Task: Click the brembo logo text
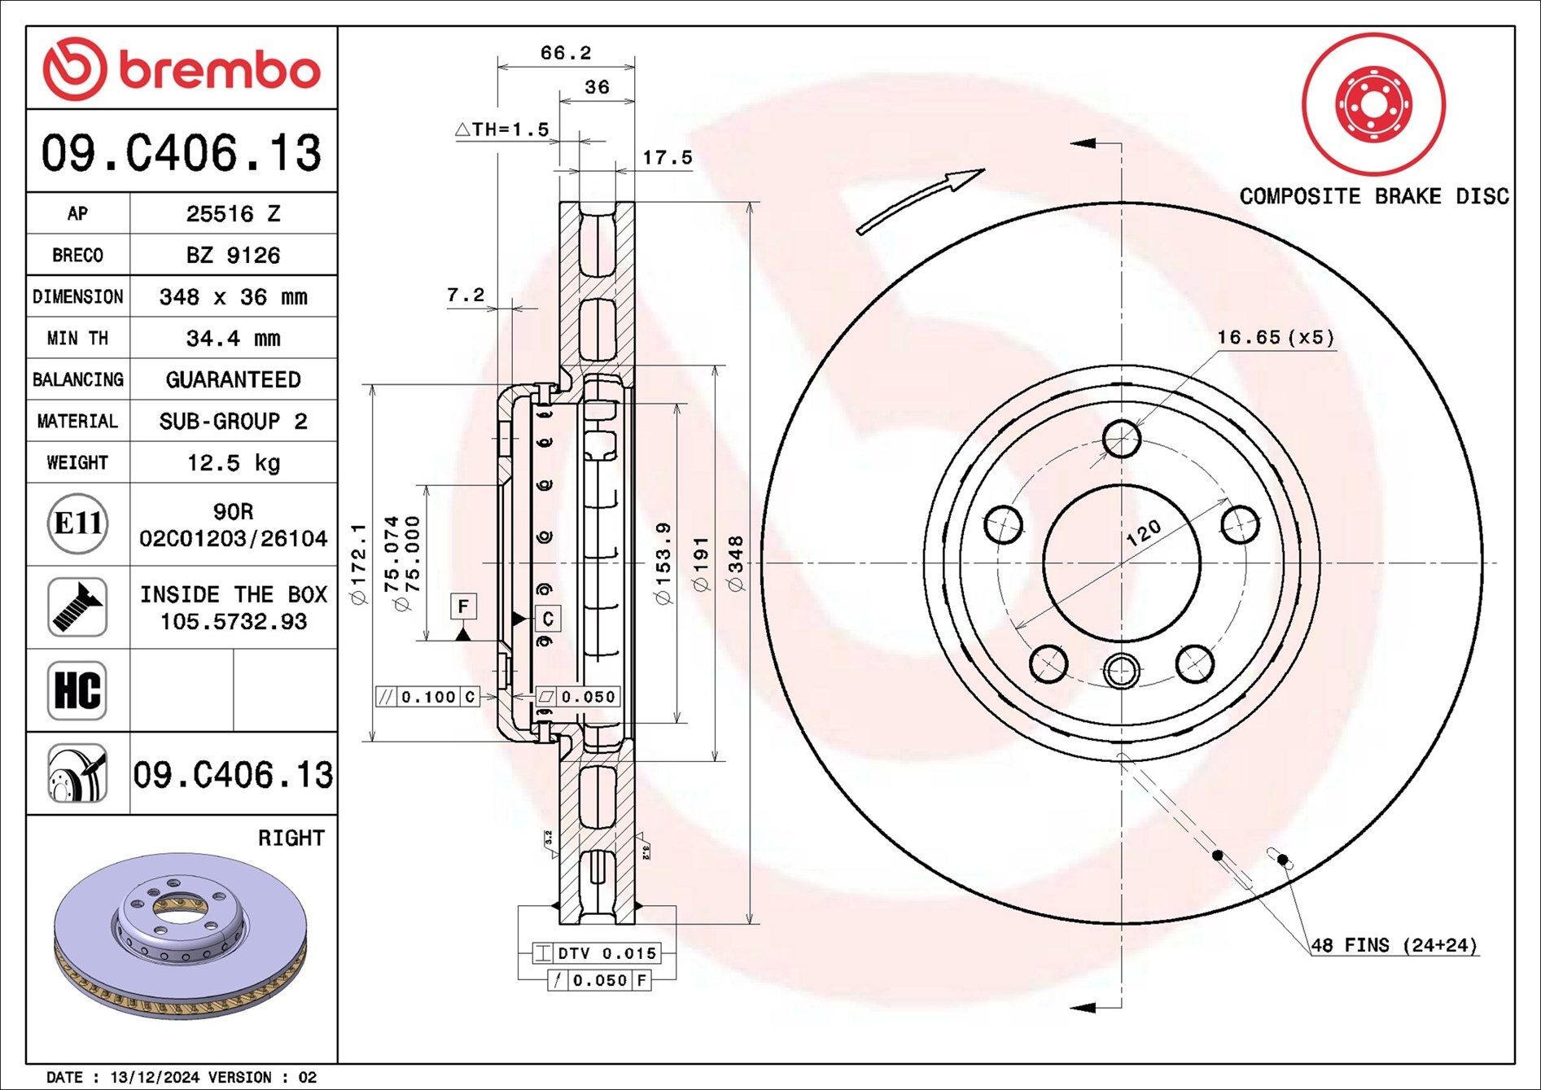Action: (220, 70)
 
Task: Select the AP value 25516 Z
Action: (233, 213)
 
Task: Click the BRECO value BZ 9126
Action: (233, 255)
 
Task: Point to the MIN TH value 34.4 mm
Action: (233, 338)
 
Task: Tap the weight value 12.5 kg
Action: (233, 462)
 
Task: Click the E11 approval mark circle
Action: (77, 523)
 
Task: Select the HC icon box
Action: (77, 690)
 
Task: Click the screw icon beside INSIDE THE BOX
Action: (77, 607)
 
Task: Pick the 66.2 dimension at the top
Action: (566, 53)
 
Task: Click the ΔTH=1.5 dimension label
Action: (502, 129)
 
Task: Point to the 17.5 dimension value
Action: (668, 158)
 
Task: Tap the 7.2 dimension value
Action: (466, 295)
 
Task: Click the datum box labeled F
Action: (463, 606)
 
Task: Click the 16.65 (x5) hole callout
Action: (1276, 337)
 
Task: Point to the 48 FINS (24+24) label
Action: (1394, 945)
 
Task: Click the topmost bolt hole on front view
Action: (1122, 439)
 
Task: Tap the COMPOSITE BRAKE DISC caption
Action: (1374, 196)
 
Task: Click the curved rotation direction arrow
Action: (920, 200)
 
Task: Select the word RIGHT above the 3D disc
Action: (291, 838)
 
